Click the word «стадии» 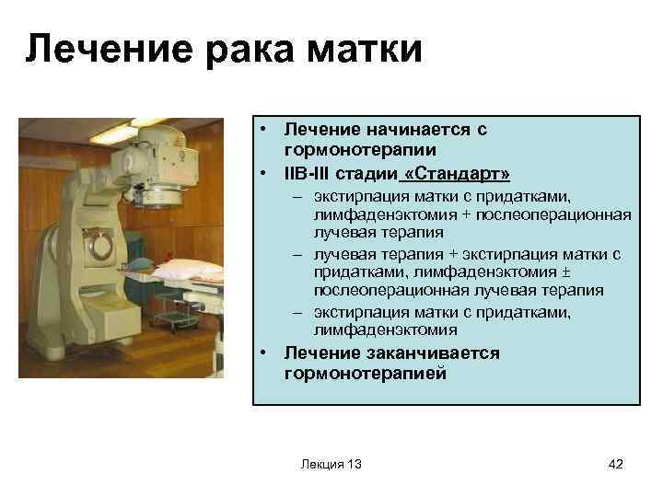pos(367,173)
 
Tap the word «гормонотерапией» pos(365,373)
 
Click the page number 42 pos(616,464)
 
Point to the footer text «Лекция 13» pos(331,464)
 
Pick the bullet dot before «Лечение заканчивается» pos(263,353)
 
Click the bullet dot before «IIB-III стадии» pos(263,173)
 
